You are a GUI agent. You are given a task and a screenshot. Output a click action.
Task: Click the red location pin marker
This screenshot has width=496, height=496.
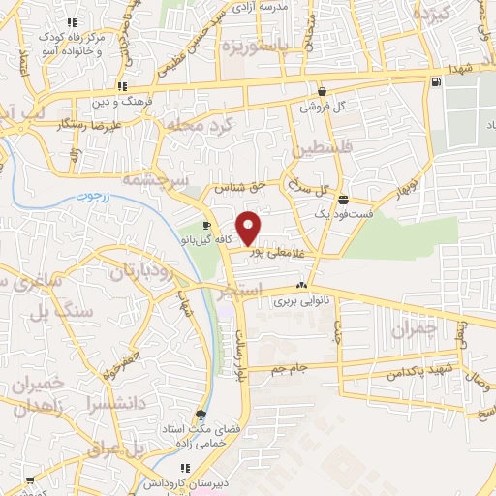(x=249, y=227)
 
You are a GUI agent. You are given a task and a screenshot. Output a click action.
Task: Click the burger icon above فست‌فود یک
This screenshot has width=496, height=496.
(x=344, y=198)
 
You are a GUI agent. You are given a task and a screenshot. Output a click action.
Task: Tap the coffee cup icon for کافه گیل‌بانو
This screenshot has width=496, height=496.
(x=205, y=225)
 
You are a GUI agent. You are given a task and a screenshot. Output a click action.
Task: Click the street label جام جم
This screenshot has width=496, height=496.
(x=289, y=368)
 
